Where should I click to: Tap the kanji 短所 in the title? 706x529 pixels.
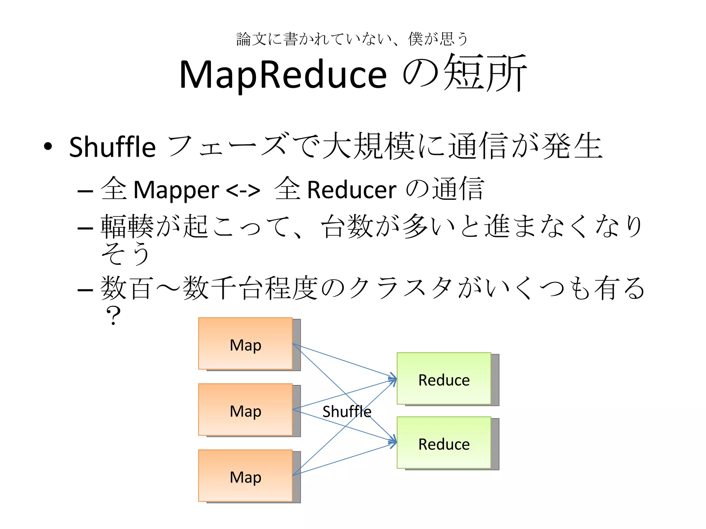click(x=484, y=73)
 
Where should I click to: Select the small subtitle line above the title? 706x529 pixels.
click(x=352, y=39)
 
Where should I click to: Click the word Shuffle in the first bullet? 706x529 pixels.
click(x=112, y=147)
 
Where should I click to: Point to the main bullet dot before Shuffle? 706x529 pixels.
click(x=48, y=146)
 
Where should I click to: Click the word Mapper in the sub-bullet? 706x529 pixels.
click(x=176, y=190)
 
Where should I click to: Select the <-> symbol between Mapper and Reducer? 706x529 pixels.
click(x=243, y=190)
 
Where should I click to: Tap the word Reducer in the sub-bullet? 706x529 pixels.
click(x=352, y=190)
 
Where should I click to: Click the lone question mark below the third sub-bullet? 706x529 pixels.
click(x=113, y=315)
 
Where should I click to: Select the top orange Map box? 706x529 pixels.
click(x=245, y=344)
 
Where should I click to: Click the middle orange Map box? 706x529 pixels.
click(x=245, y=410)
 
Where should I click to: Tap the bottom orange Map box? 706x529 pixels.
click(x=245, y=476)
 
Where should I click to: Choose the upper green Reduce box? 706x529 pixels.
click(x=444, y=378)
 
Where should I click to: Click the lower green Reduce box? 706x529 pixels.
click(x=444, y=443)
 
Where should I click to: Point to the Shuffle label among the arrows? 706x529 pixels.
click(x=347, y=412)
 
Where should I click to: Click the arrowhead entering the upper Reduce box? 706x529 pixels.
click(x=393, y=378)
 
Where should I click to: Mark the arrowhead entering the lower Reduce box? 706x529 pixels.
click(x=393, y=442)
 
